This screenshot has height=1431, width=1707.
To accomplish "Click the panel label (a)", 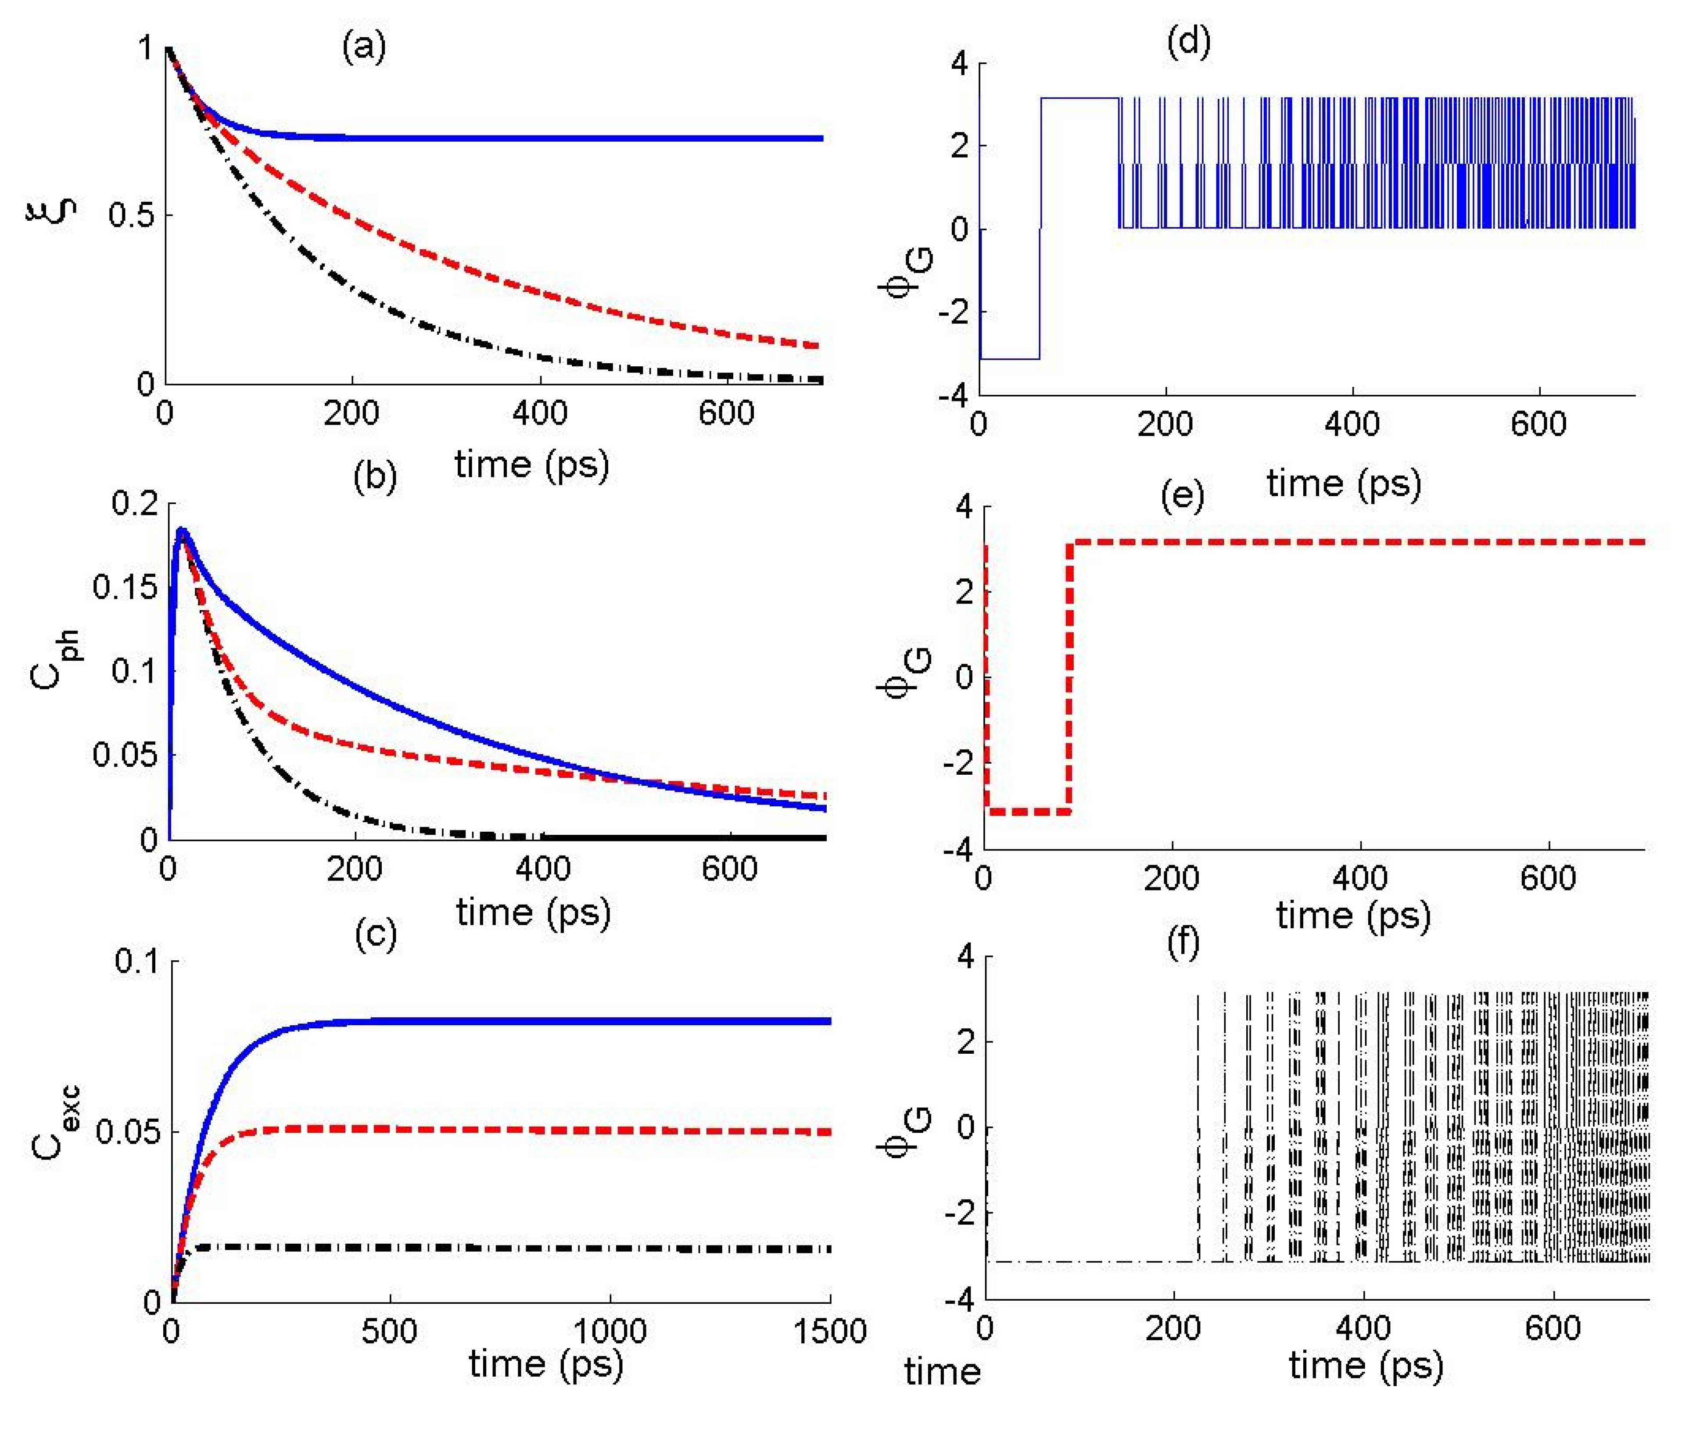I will [363, 47].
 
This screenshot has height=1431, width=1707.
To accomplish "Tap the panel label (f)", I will [1183, 945].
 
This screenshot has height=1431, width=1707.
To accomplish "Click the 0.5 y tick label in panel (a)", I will [130, 216].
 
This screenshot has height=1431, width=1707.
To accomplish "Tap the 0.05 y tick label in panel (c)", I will [126, 1132].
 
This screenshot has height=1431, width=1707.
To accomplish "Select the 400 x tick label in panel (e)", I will [1360, 878].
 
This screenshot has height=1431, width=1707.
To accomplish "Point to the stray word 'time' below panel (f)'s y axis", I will [942, 1372].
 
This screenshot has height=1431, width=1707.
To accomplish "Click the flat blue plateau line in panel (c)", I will [569, 1021].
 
